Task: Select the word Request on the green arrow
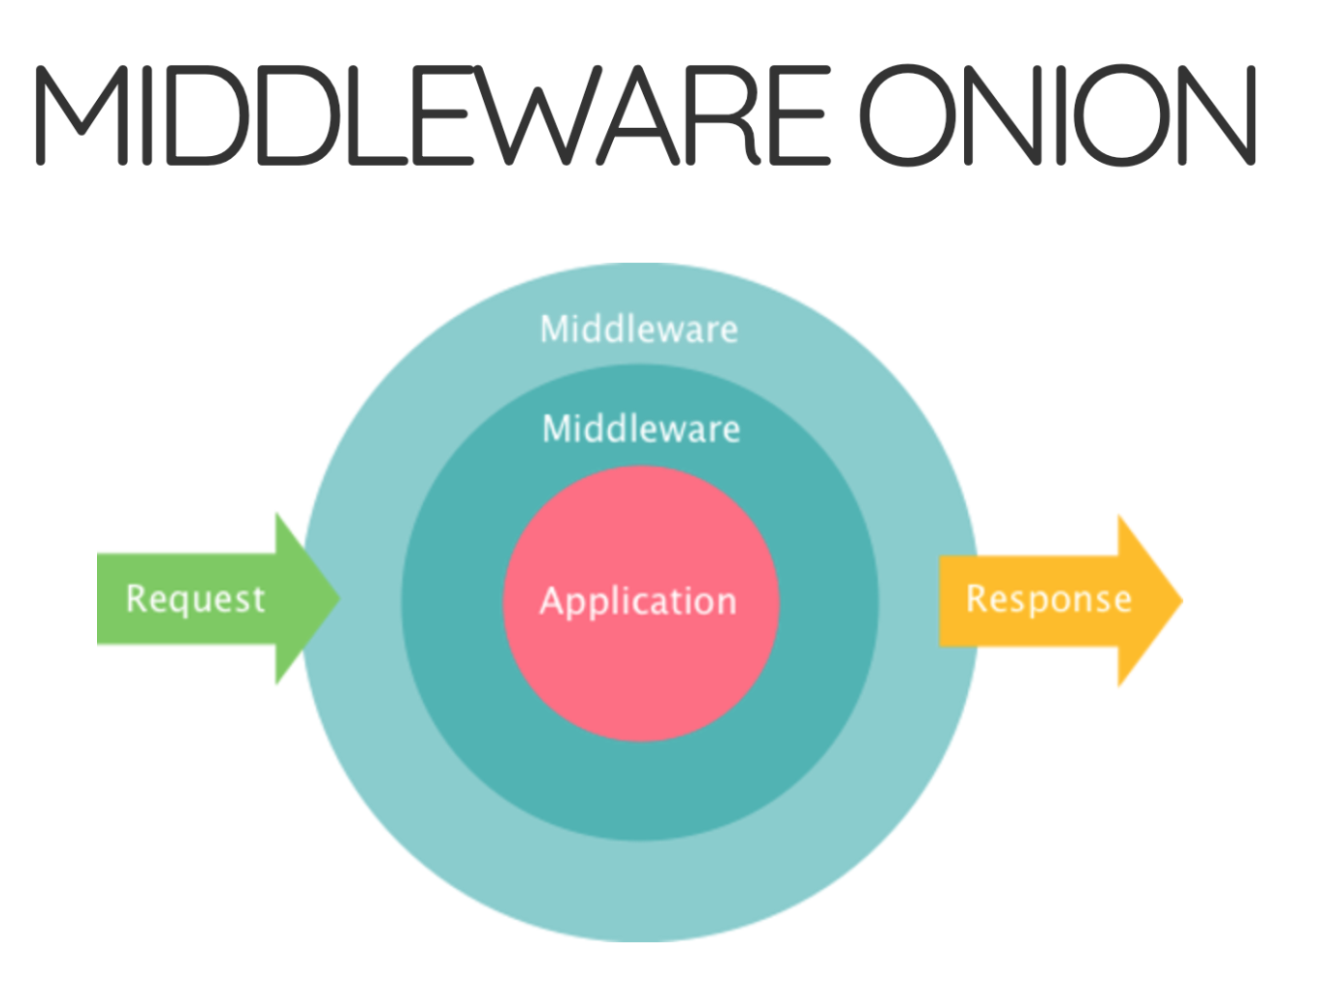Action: pos(195,599)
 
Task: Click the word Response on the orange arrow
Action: pos(1048,599)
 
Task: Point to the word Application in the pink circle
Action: pos(638,601)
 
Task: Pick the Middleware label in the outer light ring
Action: pos(639,330)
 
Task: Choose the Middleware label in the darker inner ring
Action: pos(641,428)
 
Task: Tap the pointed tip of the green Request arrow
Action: pos(338,598)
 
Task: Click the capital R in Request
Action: pos(137,597)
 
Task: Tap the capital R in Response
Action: pos(978,597)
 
